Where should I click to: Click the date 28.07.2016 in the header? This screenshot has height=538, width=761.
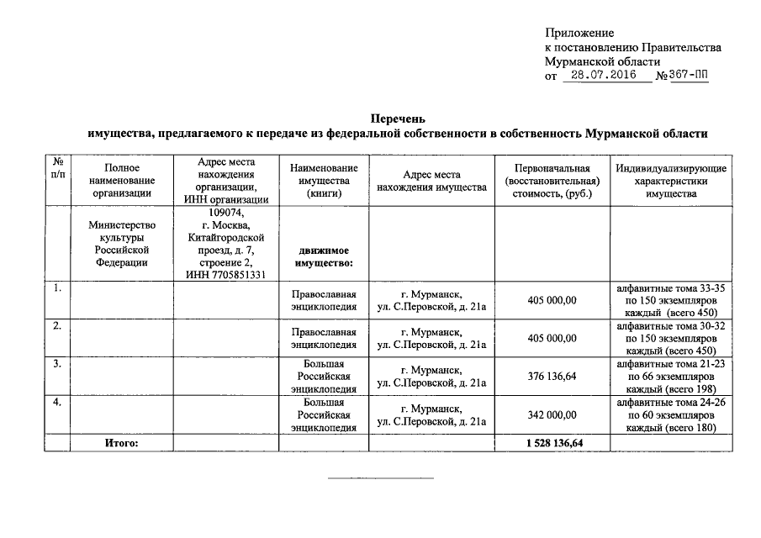[x=598, y=75]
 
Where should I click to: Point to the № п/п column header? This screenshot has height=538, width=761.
[x=57, y=166]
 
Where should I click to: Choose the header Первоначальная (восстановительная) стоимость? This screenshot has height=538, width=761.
[x=552, y=181]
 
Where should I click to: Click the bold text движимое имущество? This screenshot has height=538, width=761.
[x=322, y=256]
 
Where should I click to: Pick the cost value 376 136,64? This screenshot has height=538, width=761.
[x=552, y=377]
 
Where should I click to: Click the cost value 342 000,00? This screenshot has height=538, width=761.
[x=552, y=414]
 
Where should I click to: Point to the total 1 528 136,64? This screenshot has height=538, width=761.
[x=552, y=442]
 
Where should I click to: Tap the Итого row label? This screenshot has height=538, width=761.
[x=121, y=442]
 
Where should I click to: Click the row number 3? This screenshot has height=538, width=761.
[x=56, y=364]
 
